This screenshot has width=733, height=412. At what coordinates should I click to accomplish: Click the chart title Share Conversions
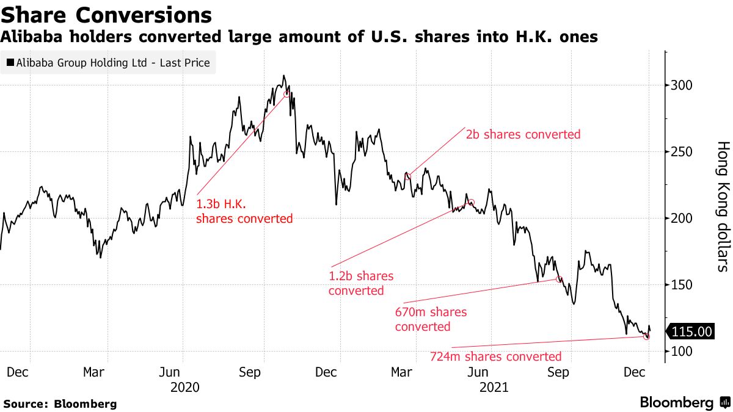(x=106, y=15)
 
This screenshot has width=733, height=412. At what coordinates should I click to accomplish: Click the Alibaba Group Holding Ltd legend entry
(x=108, y=62)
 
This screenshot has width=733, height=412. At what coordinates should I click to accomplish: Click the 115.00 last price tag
(x=691, y=332)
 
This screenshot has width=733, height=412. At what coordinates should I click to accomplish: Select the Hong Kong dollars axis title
(x=722, y=206)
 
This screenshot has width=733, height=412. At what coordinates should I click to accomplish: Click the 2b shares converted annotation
(x=523, y=134)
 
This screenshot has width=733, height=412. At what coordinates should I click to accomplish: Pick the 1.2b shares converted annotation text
(x=361, y=283)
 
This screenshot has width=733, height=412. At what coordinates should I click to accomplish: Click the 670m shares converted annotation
(x=431, y=319)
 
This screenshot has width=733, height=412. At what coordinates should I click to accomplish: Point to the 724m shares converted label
(x=495, y=356)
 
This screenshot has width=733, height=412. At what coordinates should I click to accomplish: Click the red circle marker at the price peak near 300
(x=286, y=93)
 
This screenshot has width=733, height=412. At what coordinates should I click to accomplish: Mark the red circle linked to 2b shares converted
(x=408, y=176)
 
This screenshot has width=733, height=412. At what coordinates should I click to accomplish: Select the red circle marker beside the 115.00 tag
(x=647, y=336)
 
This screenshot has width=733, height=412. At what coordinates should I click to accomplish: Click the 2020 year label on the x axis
(x=186, y=387)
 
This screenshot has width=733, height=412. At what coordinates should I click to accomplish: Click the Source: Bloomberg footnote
(x=60, y=403)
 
